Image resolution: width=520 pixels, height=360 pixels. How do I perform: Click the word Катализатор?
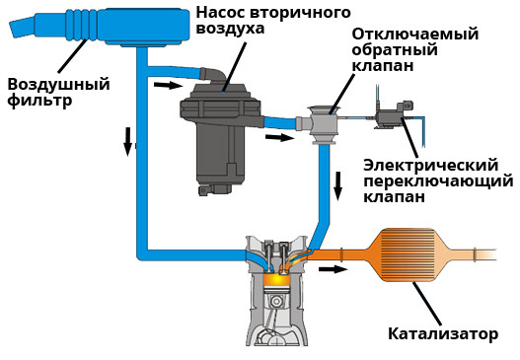[x=442, y=333]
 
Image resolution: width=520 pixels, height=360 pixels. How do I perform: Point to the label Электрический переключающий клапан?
[x=439, y=180]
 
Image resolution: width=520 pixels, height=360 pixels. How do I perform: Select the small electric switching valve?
[x=394, y=114]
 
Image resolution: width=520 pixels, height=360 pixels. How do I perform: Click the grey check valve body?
[x=324, y=123]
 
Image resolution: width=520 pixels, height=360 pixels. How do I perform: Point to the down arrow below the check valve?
[x=338, y=182]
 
